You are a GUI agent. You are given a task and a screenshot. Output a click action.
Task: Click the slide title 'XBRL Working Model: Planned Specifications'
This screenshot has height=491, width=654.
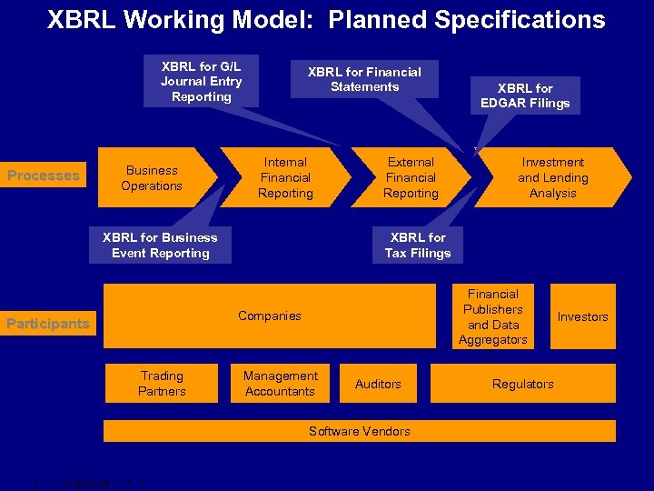tap(326, 20)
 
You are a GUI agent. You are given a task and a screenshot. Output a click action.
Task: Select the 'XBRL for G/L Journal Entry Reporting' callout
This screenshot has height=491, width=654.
tap(201, 81)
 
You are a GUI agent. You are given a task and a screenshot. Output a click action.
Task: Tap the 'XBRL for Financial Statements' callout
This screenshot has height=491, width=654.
tap(364, 79)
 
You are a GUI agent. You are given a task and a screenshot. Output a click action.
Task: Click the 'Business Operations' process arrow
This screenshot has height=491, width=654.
tap(153, 177)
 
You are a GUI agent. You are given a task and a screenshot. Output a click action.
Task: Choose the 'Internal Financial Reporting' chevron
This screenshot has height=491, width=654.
tap(285, 177)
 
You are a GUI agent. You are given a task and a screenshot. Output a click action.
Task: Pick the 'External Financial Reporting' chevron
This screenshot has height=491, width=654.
tap(411, 177)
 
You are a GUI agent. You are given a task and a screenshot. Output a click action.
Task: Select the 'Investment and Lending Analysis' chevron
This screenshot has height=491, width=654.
tap(552, 177)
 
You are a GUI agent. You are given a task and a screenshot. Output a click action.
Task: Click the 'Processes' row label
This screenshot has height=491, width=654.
tap(44, 175)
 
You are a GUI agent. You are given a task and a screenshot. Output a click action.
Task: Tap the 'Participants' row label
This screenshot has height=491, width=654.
tap(48, 323)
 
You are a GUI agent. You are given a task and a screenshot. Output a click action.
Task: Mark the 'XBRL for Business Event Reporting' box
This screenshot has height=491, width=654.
tap(160, 245)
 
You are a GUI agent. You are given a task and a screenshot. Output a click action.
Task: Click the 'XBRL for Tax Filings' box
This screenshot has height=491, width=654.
tap(418, 245)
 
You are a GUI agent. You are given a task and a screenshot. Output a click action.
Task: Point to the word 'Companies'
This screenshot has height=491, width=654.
tap(269, 316)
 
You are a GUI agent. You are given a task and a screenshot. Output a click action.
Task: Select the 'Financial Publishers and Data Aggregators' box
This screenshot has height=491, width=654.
tap(492, 316)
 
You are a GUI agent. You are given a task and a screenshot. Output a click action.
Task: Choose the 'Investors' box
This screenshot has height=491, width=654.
tap(582, 316)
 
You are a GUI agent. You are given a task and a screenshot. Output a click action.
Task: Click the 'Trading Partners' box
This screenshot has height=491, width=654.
tap(162, 384)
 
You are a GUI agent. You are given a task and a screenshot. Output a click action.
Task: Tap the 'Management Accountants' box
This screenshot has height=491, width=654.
tap(280, 384)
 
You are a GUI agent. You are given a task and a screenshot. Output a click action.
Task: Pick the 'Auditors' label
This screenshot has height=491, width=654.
tap(378, 385)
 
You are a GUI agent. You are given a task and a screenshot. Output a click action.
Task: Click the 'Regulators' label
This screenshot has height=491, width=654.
tap(522, 385)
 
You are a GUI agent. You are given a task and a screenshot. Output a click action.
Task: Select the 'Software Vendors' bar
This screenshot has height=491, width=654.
tap(359, 431)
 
